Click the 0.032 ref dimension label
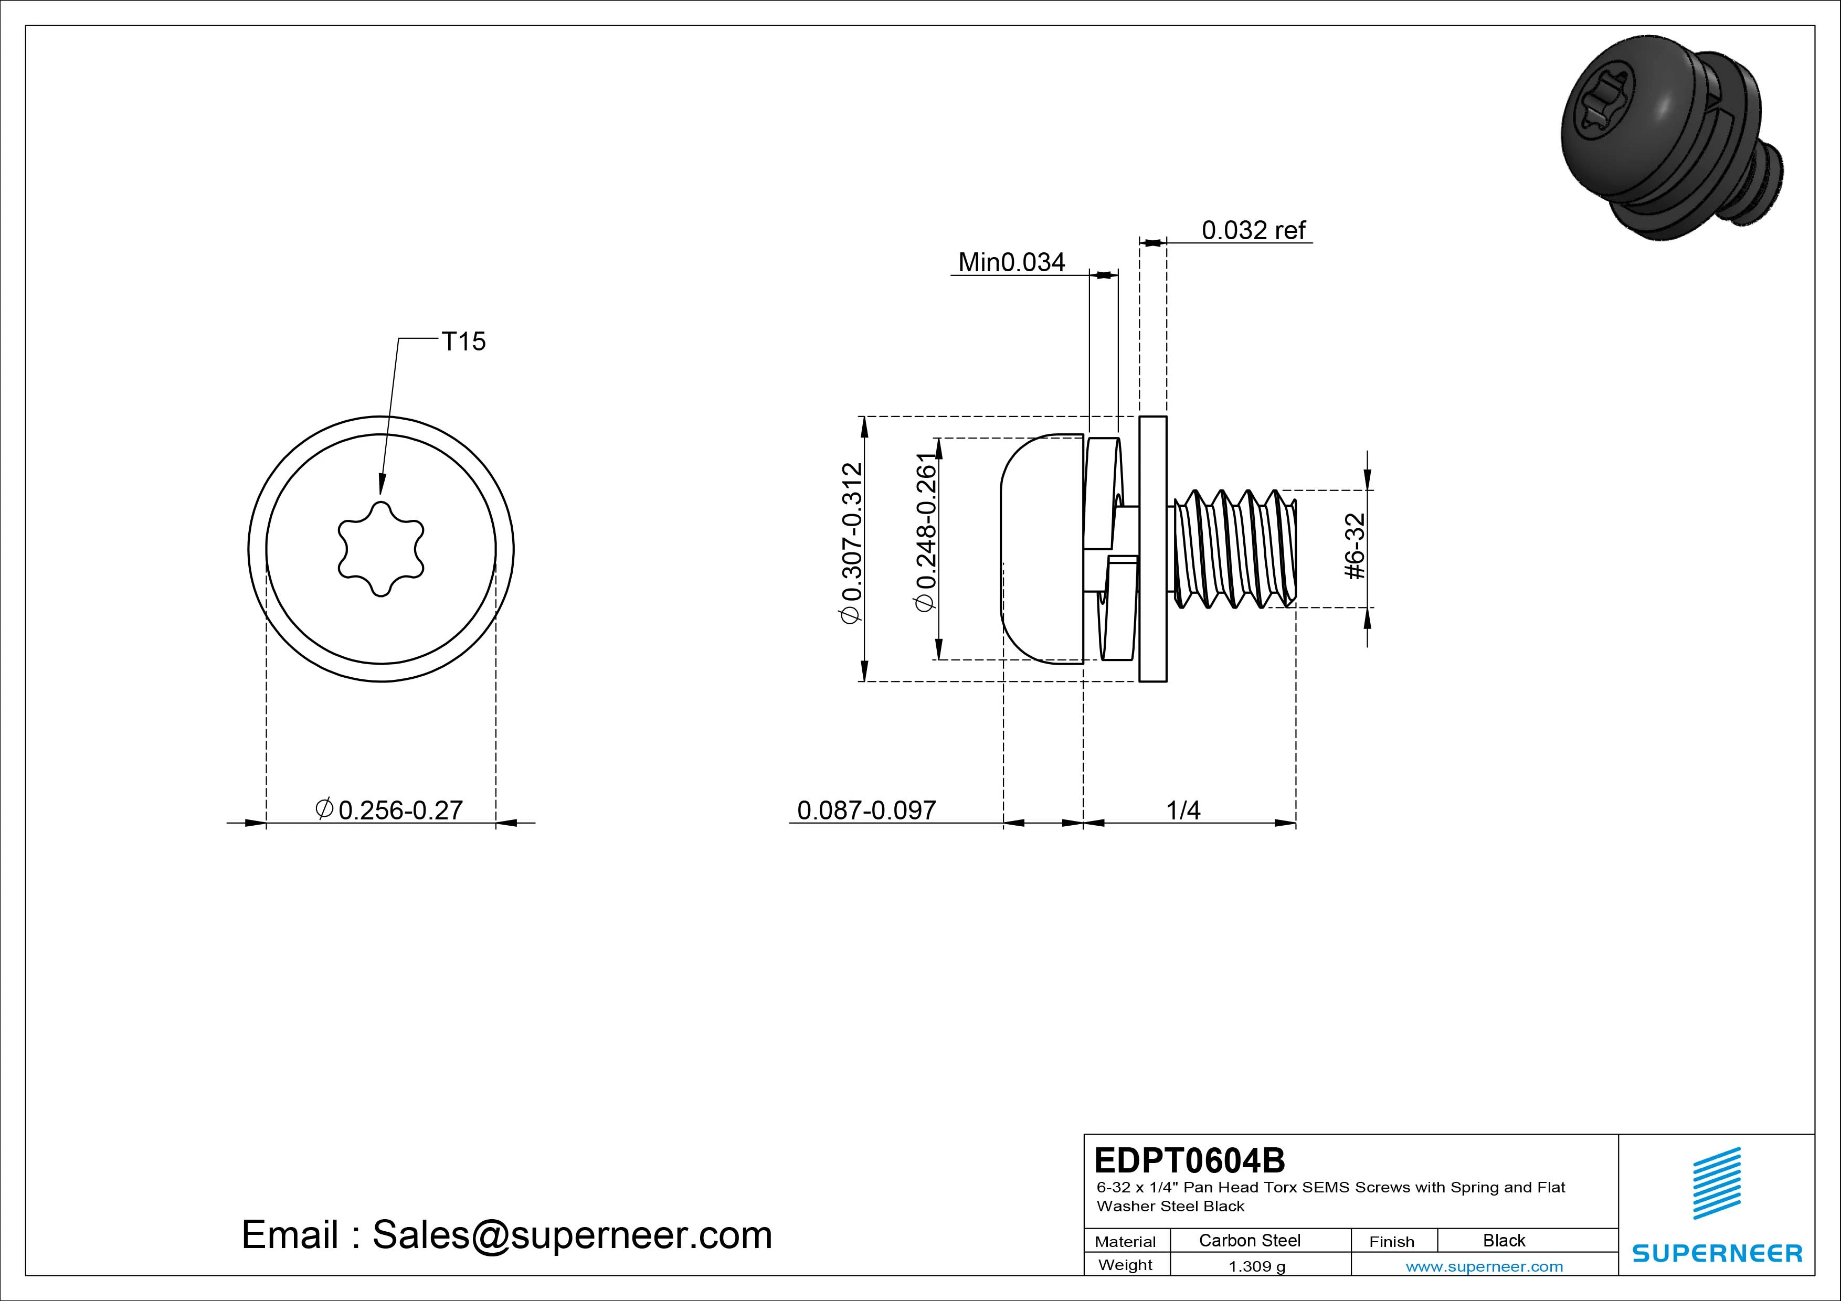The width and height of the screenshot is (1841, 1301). (1253, 231)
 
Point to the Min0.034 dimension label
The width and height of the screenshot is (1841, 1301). (1011, 262)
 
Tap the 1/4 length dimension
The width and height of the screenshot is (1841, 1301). (1183, 811)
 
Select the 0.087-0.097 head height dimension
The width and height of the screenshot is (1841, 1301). (866, 811)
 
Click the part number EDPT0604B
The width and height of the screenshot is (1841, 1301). (1189, 1160)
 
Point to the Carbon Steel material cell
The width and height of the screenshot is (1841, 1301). (1249, 1241)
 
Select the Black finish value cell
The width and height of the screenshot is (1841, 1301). (1504, 1241)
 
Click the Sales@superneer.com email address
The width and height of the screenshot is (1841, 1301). (572, 1235)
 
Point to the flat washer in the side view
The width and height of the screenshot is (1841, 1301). (1153, 549)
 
